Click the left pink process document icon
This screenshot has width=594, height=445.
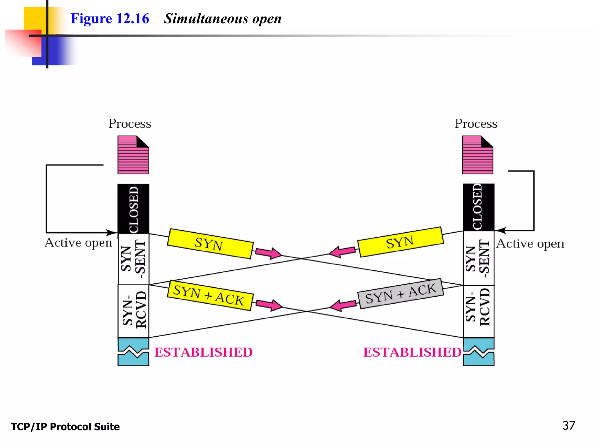click(x=133, y=155)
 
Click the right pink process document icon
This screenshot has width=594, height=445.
click(x=477, y=155)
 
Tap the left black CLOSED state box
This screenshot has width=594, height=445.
click(x=133, y=209)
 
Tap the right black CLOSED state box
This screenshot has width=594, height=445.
click(x=479, y=207)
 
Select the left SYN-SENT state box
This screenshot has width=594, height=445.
click(x=133, y=259)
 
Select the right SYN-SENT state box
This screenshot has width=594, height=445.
click(x=479, y=258)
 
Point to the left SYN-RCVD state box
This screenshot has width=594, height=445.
click(x=133, y=311)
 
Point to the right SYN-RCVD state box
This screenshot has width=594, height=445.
click(x=479, y=311)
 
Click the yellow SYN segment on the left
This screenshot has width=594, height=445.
click(x=210, y=244)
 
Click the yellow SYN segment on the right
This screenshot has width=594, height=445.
click(x=401, y=242)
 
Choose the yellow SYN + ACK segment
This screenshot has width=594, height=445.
click(x=210, y=296)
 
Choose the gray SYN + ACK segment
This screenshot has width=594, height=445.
click(x=401, y=293)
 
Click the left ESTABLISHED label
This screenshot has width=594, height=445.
click(x=203, y=352)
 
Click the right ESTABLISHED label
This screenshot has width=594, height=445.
click(x=412, y=352)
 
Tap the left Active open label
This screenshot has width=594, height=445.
click(x=78, y=243)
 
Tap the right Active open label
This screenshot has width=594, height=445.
click(x=530, y=244)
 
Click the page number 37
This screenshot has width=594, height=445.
click(x=568, y=425)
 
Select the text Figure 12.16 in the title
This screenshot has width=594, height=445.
click(x=110, y=19)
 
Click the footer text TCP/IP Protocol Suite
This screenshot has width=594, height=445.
click(x=65, y=426)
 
